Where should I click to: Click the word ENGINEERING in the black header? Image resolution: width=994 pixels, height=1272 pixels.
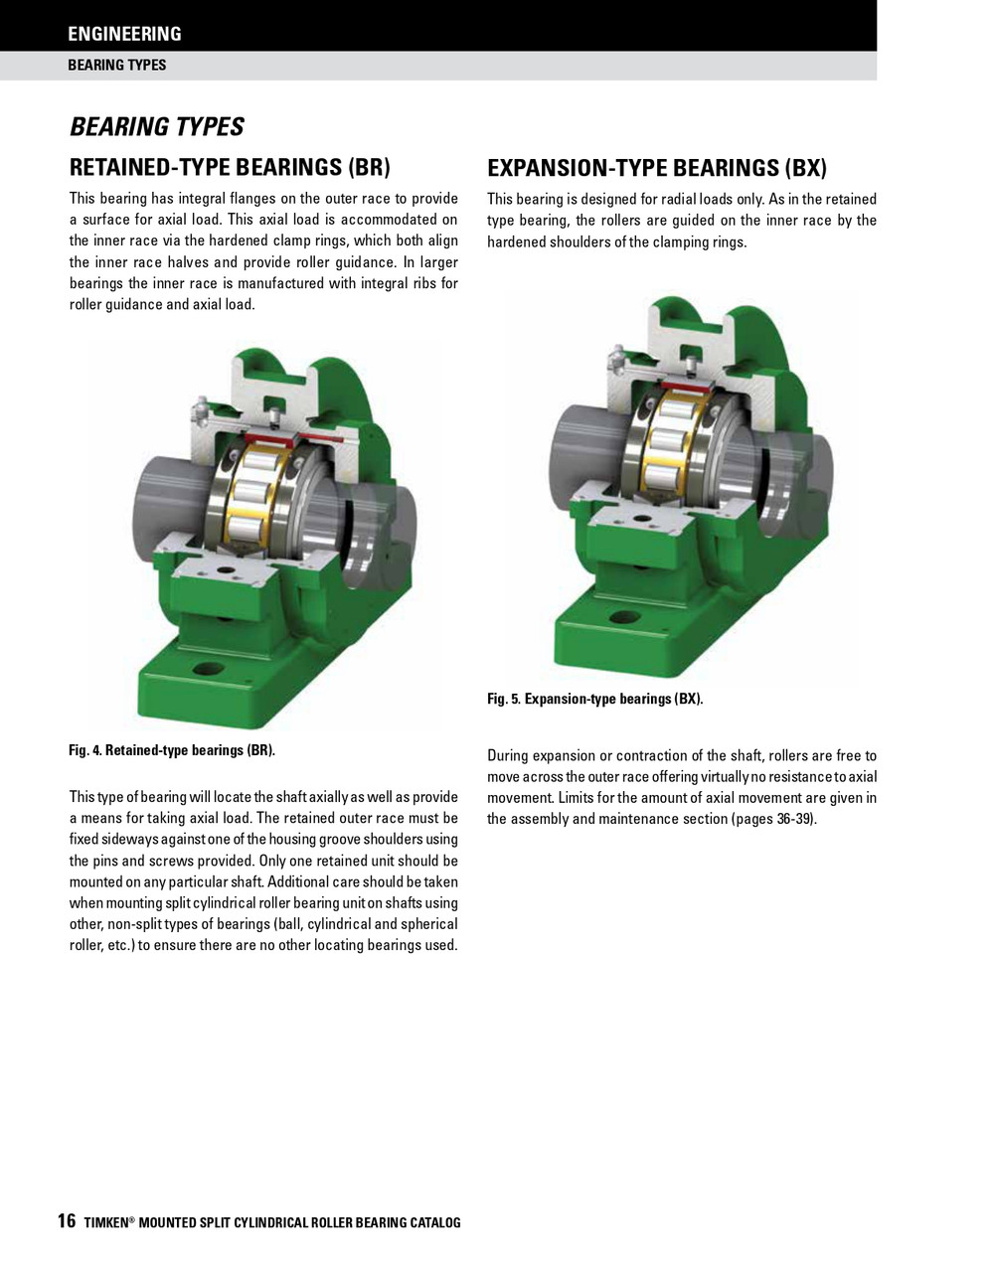pos(124,34)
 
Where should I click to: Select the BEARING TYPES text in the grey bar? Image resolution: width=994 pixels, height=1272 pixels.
pos(116,66)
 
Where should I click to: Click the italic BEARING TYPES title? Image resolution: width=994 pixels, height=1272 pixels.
pos(156,127)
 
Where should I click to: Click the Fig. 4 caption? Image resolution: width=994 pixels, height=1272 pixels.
pos(171,750)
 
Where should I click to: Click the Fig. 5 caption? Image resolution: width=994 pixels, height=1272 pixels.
pos(594,700)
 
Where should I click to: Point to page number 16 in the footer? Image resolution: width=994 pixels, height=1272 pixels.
pos(66,1221)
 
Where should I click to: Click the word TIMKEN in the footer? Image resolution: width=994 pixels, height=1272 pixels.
pos(106,1223)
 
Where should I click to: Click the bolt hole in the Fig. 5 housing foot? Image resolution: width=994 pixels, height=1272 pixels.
pos(625,618)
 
